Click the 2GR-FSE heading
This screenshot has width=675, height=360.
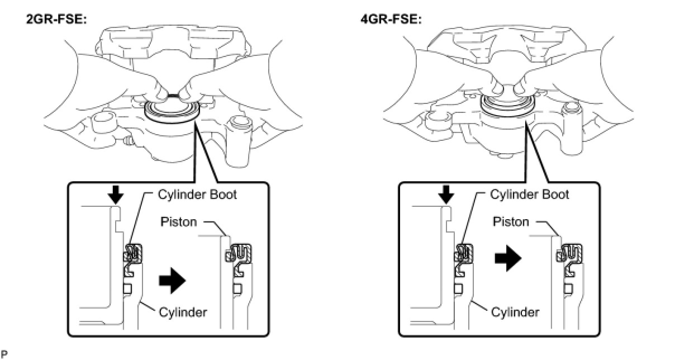tap(56, 20)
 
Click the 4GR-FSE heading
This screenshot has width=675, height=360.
tap(391, 20)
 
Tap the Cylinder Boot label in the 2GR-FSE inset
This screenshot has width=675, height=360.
tap(197, 195)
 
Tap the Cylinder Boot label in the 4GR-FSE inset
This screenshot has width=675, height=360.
tap(530, 195)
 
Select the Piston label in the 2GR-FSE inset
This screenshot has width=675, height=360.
tap(178, 222)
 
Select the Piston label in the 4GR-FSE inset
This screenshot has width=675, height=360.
tap(511, 222)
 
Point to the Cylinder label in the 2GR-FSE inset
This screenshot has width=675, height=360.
tap(183, 312)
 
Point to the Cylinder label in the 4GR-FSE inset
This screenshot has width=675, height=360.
tap(515, 312)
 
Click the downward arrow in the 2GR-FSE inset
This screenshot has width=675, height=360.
tap(116, 195)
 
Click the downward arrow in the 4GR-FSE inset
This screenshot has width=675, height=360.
tap(446, 195)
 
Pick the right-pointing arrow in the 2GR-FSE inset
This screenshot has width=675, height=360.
tap(172, 281)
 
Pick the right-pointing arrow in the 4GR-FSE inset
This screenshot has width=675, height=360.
tap(508, 258)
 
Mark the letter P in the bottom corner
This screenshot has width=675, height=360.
tap(4, 354)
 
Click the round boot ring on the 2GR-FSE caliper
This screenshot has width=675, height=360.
tap(172, 112)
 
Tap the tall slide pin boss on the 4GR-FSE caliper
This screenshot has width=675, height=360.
tap(572, 128)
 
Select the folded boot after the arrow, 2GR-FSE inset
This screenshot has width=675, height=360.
tap(239, 260)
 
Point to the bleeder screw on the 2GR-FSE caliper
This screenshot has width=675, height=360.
tap(129, 140)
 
